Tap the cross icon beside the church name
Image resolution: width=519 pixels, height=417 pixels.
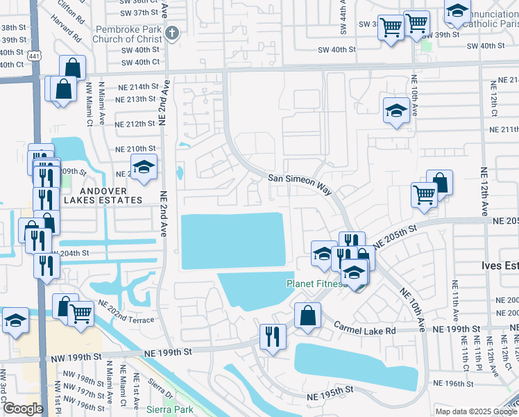point(173,32)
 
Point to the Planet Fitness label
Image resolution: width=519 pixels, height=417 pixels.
point(316,284)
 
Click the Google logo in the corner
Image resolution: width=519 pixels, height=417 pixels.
point(23,408)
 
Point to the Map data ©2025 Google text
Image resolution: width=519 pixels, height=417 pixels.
point(475,411)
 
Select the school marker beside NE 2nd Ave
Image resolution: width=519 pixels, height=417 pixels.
point(144,167)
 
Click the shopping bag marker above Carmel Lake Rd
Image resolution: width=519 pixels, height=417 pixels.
point(307,315)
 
